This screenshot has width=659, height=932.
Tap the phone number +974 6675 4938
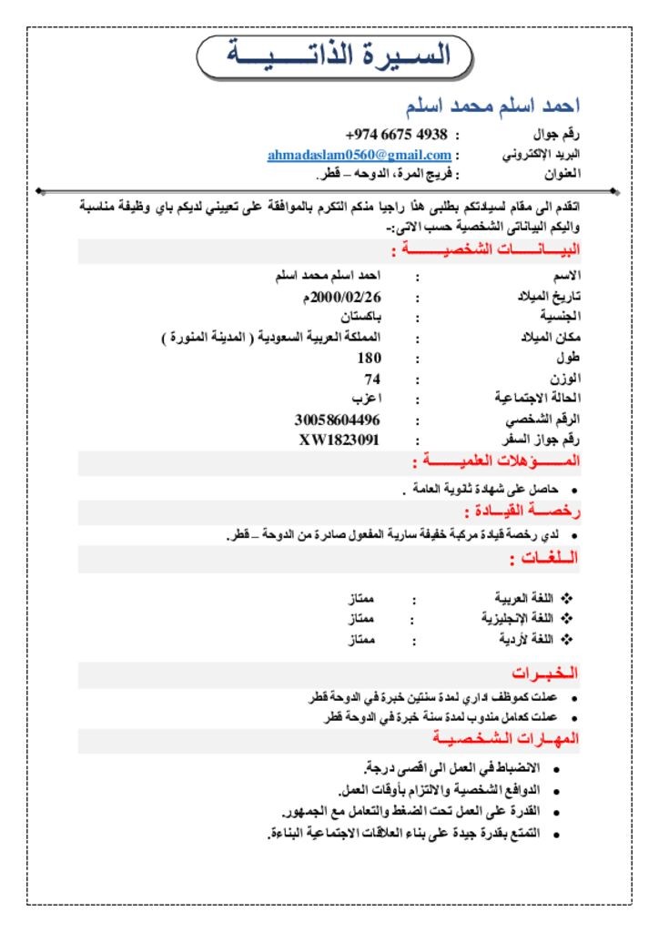397,135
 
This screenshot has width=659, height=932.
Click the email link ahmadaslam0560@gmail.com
360,155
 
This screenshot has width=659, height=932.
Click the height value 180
370,358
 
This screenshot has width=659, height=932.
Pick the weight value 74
372,379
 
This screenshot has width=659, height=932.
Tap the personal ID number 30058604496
337,420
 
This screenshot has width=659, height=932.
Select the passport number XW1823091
340,440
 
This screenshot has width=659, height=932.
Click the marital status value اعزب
367,399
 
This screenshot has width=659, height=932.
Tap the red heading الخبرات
544,674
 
